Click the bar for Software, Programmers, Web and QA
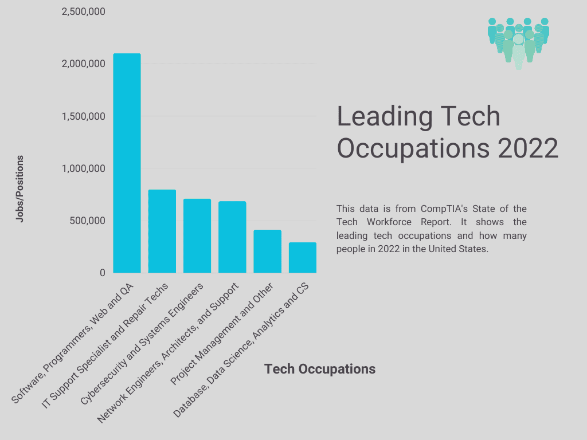(x=127, y=163)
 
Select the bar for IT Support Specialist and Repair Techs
(x=162, y=231)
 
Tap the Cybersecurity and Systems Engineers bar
(x=197, y=235)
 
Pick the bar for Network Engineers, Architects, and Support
(x=232, y=237)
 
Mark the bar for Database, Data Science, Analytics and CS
(x=302, y=257)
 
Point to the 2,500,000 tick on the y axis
(x=83, y=11)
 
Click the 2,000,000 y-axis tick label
(x=83, y=64)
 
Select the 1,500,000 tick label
(x=83, y=116)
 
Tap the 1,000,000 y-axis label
(x=83, y=168)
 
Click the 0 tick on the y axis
(x=103, y=273)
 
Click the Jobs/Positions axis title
(x=20, y=188)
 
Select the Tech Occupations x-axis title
(x=319, y=369)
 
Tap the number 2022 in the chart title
(x=528, y=148)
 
